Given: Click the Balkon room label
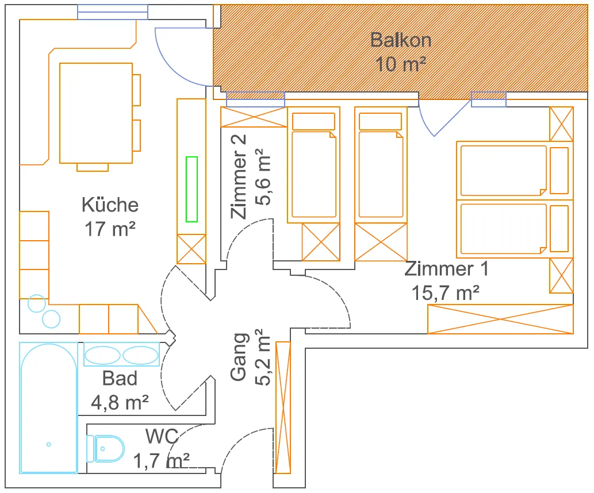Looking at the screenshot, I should point(400,40).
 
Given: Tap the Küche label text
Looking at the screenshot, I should point(110,205).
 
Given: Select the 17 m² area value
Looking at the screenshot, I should point(110,229).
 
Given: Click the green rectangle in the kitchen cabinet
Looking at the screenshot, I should point(191,189).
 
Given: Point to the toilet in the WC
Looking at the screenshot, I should point(109,448).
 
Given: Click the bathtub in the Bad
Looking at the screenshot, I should point(48,407).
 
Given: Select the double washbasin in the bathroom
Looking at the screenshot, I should point(121,355).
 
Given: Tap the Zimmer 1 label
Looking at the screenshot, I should point(446,269).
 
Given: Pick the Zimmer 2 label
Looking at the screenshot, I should point(239,176).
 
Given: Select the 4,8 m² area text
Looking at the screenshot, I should point(120,402).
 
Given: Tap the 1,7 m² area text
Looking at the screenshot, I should point(162,460).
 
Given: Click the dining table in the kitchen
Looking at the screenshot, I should point(96,113).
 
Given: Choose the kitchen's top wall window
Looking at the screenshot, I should point(113,12).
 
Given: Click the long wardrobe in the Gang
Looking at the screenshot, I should point(283,407).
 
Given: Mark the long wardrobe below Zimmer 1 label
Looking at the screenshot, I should point(500,319).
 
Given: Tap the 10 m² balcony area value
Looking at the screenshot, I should point(401,64).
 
